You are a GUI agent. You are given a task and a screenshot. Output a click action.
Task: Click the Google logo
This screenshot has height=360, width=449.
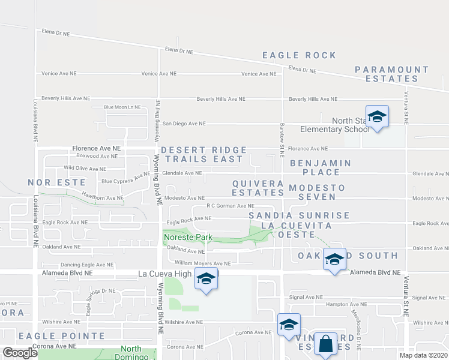click(x=20, y=352)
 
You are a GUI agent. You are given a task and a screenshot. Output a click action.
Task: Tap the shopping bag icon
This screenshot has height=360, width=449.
click(x=325, y=344)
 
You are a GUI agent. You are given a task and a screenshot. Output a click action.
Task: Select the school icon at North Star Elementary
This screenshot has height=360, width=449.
click(x=377, y=116)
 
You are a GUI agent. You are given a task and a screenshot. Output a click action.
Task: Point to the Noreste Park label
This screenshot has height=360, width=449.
click(x=188, y=238)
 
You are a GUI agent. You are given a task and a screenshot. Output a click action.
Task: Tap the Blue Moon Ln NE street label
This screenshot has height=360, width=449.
click(x=122, y=107)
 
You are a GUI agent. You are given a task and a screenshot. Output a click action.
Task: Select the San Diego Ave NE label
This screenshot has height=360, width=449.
click(x=184, y=124)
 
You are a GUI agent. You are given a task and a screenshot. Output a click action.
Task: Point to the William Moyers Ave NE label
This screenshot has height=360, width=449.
click(x=202, y=263)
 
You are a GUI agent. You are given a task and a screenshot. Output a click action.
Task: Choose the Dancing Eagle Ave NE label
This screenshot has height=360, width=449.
click(x=86, y=265)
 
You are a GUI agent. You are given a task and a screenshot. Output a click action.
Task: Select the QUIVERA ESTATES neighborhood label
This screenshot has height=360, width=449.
click(x=258, y=188)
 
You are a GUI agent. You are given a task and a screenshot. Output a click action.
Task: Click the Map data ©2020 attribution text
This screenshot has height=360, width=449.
click(x=423, y=355)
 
